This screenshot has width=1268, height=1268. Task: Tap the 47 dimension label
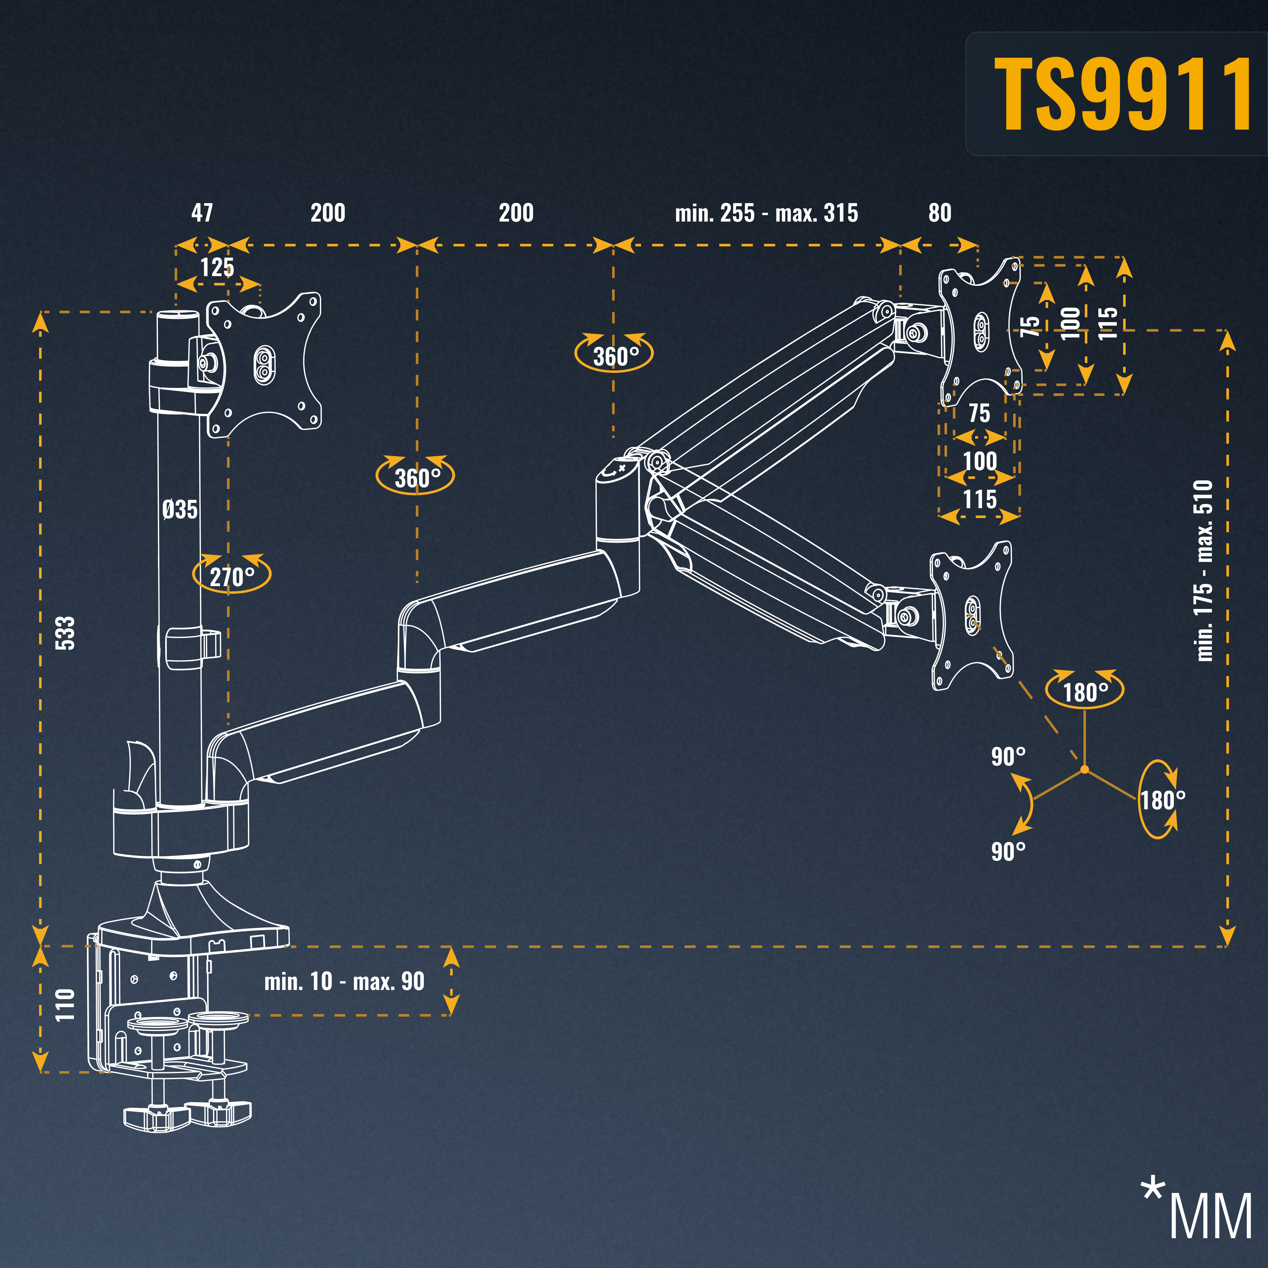(202, 213)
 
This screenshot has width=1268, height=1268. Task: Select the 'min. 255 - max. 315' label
(767, 213)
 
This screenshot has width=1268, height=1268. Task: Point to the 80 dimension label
(940, 213)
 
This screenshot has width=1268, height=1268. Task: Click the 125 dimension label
(217, 267)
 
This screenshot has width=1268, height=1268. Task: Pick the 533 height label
(66, 633)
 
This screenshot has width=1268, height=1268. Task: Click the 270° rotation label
(232, 577)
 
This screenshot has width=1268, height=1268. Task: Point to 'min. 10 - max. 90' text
(345, 981)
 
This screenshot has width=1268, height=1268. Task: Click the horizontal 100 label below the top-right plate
(980, 461)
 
